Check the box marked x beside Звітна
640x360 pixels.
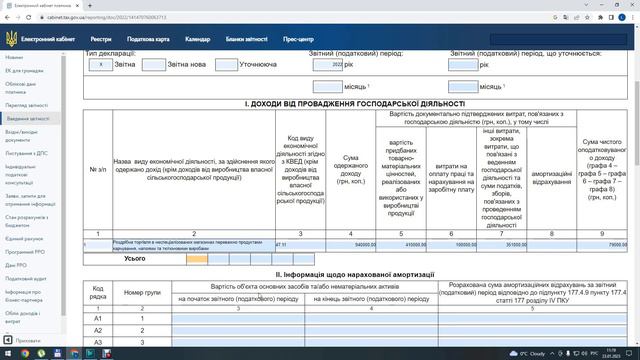click(100, 64)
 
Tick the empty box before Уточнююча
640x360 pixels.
click(225, 64)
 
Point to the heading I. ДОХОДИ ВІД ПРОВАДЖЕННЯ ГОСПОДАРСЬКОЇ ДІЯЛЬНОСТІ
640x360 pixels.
click(355, 103)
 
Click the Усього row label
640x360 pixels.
click(135, 258)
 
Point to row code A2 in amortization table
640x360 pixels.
click(98, 329)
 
